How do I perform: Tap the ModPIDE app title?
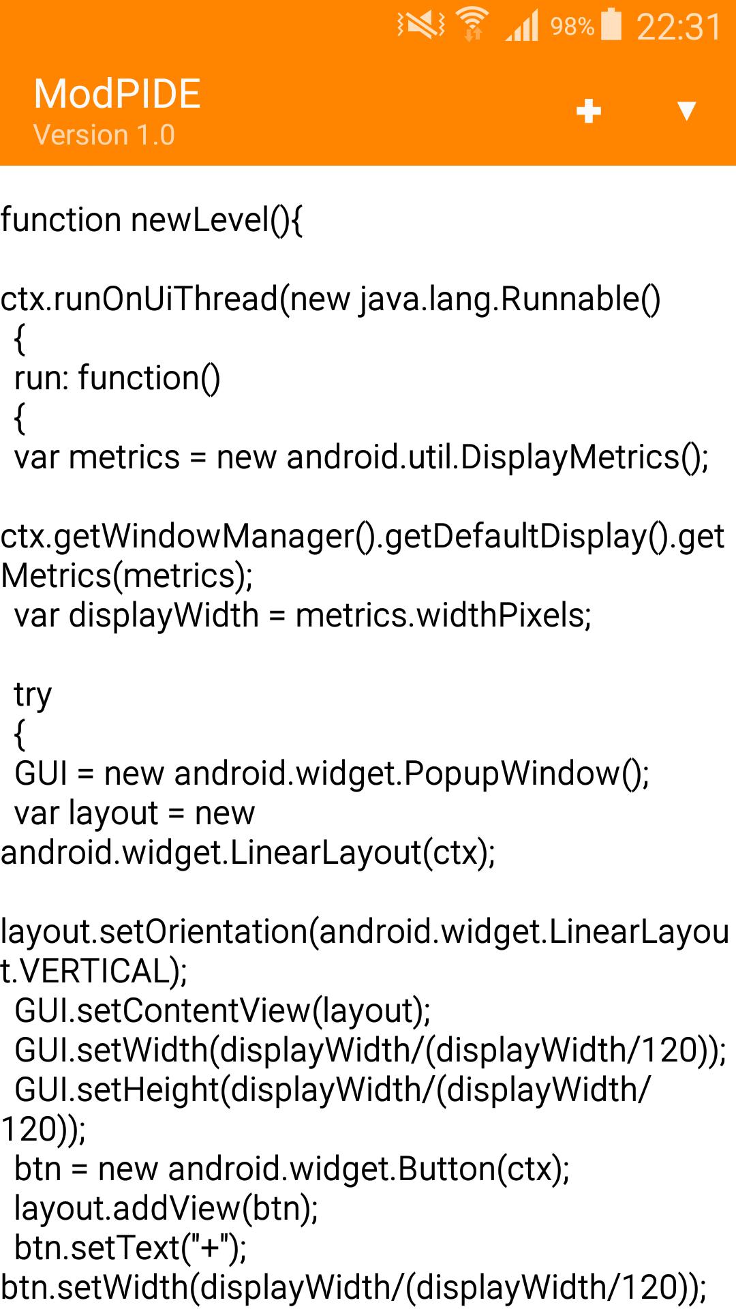117,93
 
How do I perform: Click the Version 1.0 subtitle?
104,135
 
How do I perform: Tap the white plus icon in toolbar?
588,110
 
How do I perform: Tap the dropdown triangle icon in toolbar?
686,110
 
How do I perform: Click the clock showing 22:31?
678,27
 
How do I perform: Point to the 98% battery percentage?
571,27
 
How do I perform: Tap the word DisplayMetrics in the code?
570,457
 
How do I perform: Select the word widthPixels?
500,616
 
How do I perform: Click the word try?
33,695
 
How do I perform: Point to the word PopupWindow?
511,774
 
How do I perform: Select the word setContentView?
194,1011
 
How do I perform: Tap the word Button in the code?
446,1169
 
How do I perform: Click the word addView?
177,1209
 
